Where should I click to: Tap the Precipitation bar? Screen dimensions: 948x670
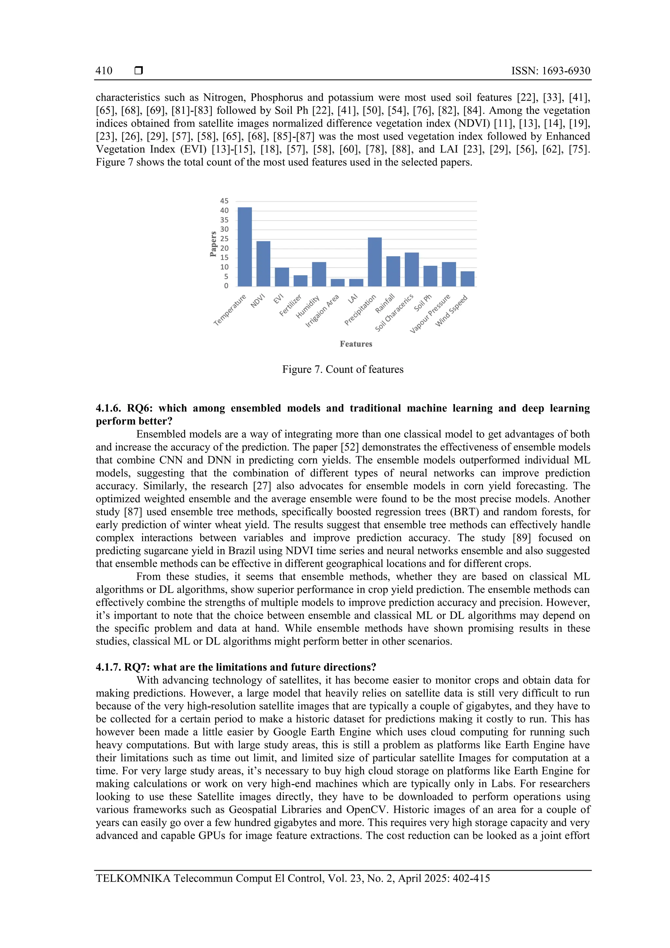[x=375, y=262]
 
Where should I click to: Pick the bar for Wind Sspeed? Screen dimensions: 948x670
[x=467, y=279]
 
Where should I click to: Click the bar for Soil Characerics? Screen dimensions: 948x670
[x=412, y=269]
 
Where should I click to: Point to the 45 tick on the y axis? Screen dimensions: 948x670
[x=224, y=201]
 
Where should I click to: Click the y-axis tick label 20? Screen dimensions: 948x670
[x=224, y=248]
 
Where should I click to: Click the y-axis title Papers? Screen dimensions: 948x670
[x=213, y=244]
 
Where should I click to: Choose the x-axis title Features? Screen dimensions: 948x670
[x=356, y=344]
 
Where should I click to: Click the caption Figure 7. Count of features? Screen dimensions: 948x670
[x=343, y=369]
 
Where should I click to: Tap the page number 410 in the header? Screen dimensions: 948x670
[x=104, y=71]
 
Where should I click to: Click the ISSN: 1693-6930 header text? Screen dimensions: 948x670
[x=551, y=71]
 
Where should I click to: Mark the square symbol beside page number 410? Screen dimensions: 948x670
[x=139, y=71]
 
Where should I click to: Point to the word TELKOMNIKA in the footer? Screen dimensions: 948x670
[x=133, y=878]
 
